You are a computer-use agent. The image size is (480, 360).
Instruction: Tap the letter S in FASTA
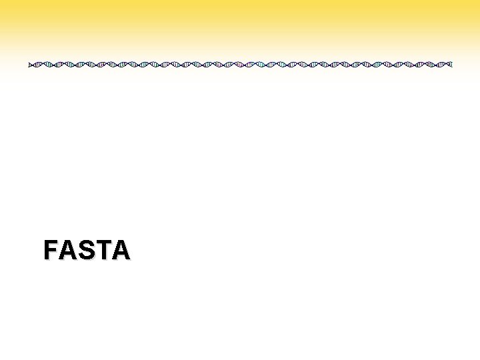pos(86,250)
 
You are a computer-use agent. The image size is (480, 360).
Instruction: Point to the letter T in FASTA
pos(103,250)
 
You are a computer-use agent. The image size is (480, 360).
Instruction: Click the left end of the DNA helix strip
pos(30,65)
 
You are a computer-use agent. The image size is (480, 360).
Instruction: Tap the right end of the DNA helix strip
pos(451,65)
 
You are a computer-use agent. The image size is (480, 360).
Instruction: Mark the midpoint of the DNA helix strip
pos(240,65)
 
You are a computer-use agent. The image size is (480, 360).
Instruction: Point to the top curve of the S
pos(86,241)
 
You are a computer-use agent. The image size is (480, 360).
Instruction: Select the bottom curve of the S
pos(86,259)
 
